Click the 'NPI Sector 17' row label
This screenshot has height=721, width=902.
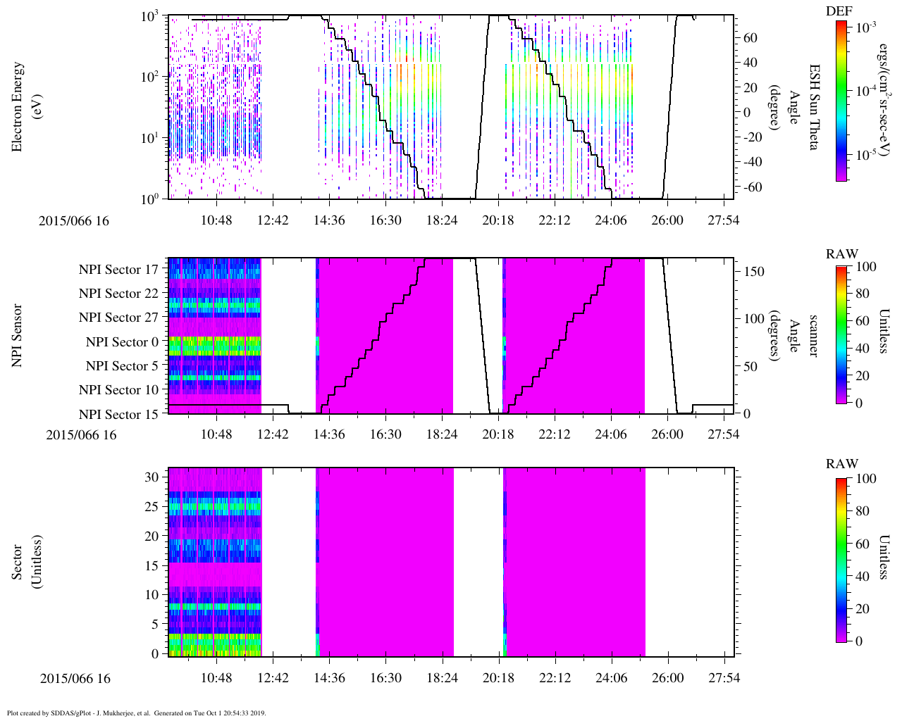(x=118, y=270)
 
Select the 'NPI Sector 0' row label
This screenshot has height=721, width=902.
(x=122, y=342)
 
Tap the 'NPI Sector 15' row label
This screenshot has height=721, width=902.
(x=118, y=415)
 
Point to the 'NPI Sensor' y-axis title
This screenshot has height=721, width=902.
(x=18, y=335)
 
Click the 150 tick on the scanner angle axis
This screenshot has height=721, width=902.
(x=754, y=272)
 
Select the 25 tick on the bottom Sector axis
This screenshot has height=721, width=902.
(x=152, y=506)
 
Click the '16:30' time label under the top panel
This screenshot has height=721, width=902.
(x=385, y=220)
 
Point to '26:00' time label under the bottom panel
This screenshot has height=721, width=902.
(x=667, y=679)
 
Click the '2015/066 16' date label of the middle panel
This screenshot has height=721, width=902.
(x=81, y=434)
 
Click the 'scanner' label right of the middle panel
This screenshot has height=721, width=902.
(x=813, y=335)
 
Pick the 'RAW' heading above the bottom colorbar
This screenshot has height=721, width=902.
(x=842, y=464)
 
